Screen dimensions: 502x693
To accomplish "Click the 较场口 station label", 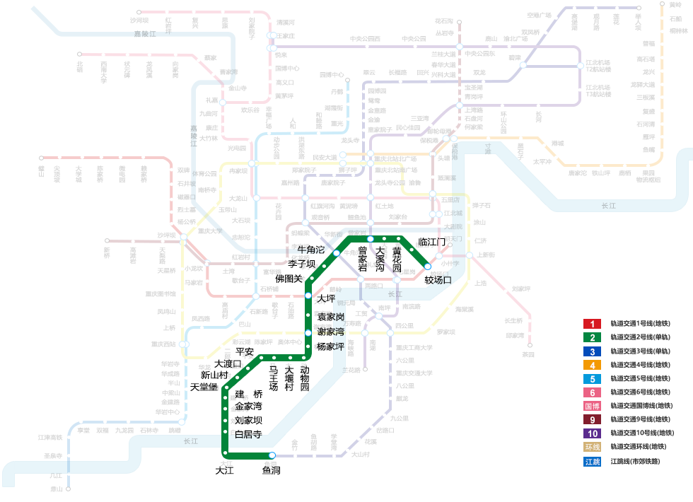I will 438,279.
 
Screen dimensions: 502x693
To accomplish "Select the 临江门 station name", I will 432,243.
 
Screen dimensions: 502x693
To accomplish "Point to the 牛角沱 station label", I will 310,250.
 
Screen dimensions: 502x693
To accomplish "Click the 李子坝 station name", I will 301,264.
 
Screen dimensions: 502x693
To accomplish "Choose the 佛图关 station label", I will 289,278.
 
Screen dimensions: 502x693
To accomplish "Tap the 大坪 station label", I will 326,299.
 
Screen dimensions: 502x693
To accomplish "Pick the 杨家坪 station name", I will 330,346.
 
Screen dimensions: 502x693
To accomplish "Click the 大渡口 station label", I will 228,363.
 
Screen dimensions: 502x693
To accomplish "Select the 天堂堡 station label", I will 204,387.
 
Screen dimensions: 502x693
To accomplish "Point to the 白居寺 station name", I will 248,434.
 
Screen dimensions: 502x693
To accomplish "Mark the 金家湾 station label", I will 248,407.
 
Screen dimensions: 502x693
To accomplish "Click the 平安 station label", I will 245,351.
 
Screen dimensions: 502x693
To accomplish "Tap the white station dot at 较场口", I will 427,267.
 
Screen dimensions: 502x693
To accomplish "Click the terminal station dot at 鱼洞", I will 272,455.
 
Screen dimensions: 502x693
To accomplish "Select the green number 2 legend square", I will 592,337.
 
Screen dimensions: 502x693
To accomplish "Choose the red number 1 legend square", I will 592,324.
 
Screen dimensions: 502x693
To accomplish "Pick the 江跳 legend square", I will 592,461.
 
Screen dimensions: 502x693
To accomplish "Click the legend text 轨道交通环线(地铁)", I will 639,447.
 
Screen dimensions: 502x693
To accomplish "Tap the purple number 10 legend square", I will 592,433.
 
